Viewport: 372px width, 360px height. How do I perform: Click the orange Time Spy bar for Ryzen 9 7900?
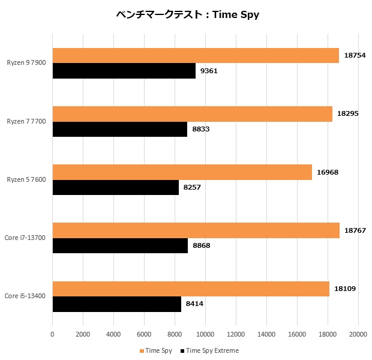coord(196,56)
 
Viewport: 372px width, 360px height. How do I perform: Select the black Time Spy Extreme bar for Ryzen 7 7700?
coord(120,129)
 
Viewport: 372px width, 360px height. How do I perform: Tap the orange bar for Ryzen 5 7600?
coord(182,172)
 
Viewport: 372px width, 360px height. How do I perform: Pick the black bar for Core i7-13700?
coord(120,245)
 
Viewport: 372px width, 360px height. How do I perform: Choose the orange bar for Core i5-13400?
coord(191,289)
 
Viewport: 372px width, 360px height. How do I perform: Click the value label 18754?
coord(355,56)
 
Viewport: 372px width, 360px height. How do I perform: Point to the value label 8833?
coord(200,129)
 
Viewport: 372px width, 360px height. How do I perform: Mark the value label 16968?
coord(328,172)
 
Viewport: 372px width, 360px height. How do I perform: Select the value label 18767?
coord(355,230)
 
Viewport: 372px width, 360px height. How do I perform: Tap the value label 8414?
coord(194,304)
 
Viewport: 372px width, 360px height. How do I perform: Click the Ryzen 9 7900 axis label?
coord(26,63)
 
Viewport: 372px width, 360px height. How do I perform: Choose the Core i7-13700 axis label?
coord(25,238)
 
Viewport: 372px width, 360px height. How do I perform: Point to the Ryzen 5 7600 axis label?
coord(26,180)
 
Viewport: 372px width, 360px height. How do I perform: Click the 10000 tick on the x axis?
coord(205,334)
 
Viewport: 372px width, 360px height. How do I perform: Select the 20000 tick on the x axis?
coord(358,334)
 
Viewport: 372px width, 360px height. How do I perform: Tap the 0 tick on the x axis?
coord(53,334)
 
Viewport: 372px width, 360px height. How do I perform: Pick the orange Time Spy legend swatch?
coord(142,350)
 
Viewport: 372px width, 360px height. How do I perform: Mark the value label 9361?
coord(209,71)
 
